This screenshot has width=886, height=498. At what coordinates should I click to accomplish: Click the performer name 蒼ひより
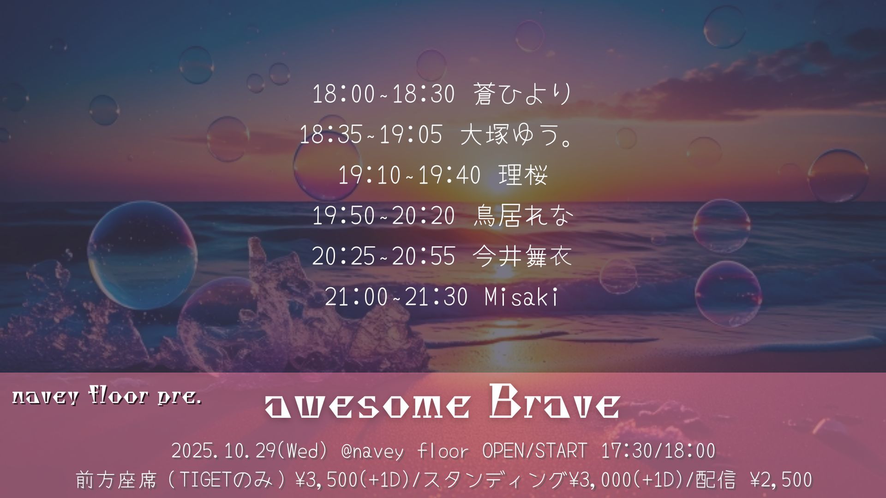pyautogui.click(x=523, y=94)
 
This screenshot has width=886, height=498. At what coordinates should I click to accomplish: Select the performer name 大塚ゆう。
pyautogui.click(x=517, y=135)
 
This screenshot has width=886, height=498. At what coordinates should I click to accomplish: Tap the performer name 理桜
pyautogui.click(x=523, y=175)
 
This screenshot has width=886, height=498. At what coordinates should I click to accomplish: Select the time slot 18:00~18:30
pyautogui.click(x=383, y=94)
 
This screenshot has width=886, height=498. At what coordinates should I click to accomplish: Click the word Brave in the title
pyautogui.click(x=554, y=403)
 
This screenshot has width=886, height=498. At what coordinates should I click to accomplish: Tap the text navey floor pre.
pyautogui.click(x=107, y=396)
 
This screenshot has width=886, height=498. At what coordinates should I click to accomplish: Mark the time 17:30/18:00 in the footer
pyautogui.click(x=658, y=451)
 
